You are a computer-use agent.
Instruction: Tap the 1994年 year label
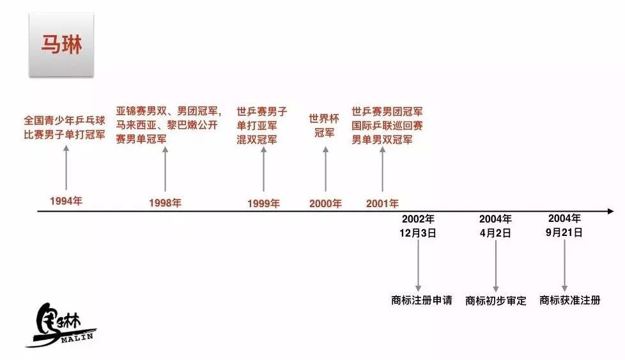tap(66, 201)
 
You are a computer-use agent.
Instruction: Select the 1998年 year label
tap(165, 203)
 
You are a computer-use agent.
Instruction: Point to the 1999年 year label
tap(263, 203)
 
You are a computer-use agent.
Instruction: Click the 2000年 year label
tap(325, 203)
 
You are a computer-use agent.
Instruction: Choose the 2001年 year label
tap(382, 203)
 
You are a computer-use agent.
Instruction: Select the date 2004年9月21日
tap(564, 226)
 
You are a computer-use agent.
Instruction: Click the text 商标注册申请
tap(421, 300)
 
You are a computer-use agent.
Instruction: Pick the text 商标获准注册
tap(570, 300)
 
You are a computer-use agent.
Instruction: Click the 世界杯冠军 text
tap(324, 126)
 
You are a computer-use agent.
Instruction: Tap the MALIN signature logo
tap(61, 325)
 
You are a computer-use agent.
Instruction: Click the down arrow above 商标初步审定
tap(496, 265)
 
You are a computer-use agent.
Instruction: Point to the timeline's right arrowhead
tap(610, 211)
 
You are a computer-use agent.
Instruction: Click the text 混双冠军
tap(257, 140)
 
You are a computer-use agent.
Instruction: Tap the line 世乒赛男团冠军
tap(387, 112)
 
